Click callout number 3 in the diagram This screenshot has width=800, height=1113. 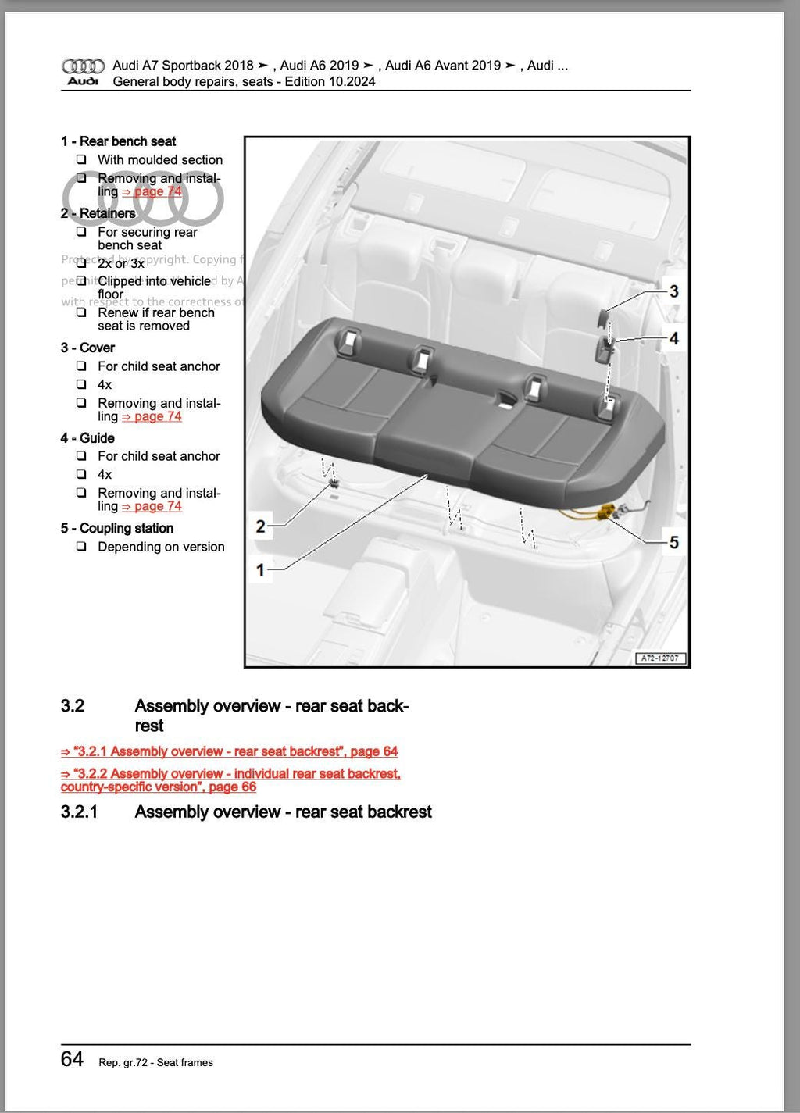tap(673, 291)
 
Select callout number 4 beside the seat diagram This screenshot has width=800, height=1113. tap(673, 339)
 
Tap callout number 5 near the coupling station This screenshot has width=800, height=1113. tap(673, 542)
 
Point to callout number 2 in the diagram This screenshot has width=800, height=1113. tap(261, 526)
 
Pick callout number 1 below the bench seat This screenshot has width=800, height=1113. tap(261, 570)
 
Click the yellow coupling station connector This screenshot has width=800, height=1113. tap(604, 513)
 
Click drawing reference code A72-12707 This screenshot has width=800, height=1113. tap(660, 658)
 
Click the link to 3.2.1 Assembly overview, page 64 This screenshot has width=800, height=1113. tap(229, 751)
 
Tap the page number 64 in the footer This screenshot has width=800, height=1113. tap(72, 1059)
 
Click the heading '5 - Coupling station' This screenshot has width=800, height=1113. tap(117, 529)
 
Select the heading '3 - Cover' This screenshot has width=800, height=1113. tap(87, 348)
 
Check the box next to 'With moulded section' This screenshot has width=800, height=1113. tap(81, 159)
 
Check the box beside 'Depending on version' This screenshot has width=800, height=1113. tap(81, 547)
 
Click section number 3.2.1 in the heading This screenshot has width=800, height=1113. tap(79, 812)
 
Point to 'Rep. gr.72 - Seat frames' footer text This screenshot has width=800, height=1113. tap(155, 1062)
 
